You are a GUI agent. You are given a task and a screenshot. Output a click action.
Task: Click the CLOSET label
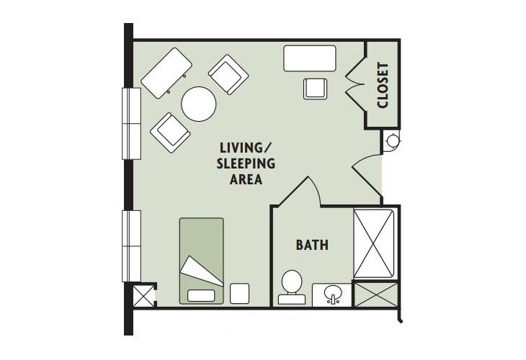(x=383, y=86)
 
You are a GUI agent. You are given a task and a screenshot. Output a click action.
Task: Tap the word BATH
(x=312, y=246)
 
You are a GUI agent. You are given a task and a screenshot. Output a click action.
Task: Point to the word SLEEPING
(x=245, y=163)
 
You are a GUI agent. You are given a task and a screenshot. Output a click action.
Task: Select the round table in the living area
(x=199, y=104)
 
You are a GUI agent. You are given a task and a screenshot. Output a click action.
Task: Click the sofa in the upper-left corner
(x=167, y=72)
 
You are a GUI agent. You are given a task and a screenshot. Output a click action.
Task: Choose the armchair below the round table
(x=171, y=132)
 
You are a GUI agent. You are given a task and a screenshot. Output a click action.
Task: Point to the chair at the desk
(x=316, y=88)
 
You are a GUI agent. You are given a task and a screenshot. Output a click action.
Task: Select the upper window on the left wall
(x=131, y=122)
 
